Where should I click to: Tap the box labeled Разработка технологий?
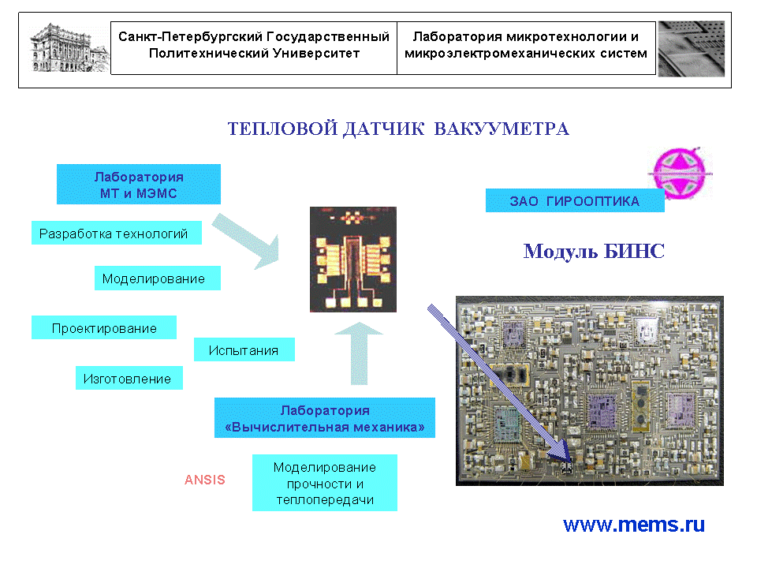tap(114, 234)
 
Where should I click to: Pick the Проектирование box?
tap(104, 328)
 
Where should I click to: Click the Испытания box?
tap(244, 350)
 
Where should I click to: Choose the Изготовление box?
tap(128, 379)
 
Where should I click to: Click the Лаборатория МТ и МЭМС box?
tap(139, 185)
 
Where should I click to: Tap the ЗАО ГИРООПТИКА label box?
tap(575, 201)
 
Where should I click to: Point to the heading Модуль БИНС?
tap(594, 252)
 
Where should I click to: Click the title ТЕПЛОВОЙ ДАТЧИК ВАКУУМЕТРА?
tap(398, 129)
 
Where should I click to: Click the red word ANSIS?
tap(205, 480)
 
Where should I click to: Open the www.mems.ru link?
tap(634, 525)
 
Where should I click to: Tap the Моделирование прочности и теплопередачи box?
tap(325, 484)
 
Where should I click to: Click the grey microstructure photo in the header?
tap(691, 49)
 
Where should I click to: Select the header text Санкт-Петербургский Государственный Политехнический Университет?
tap(254, 45)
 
